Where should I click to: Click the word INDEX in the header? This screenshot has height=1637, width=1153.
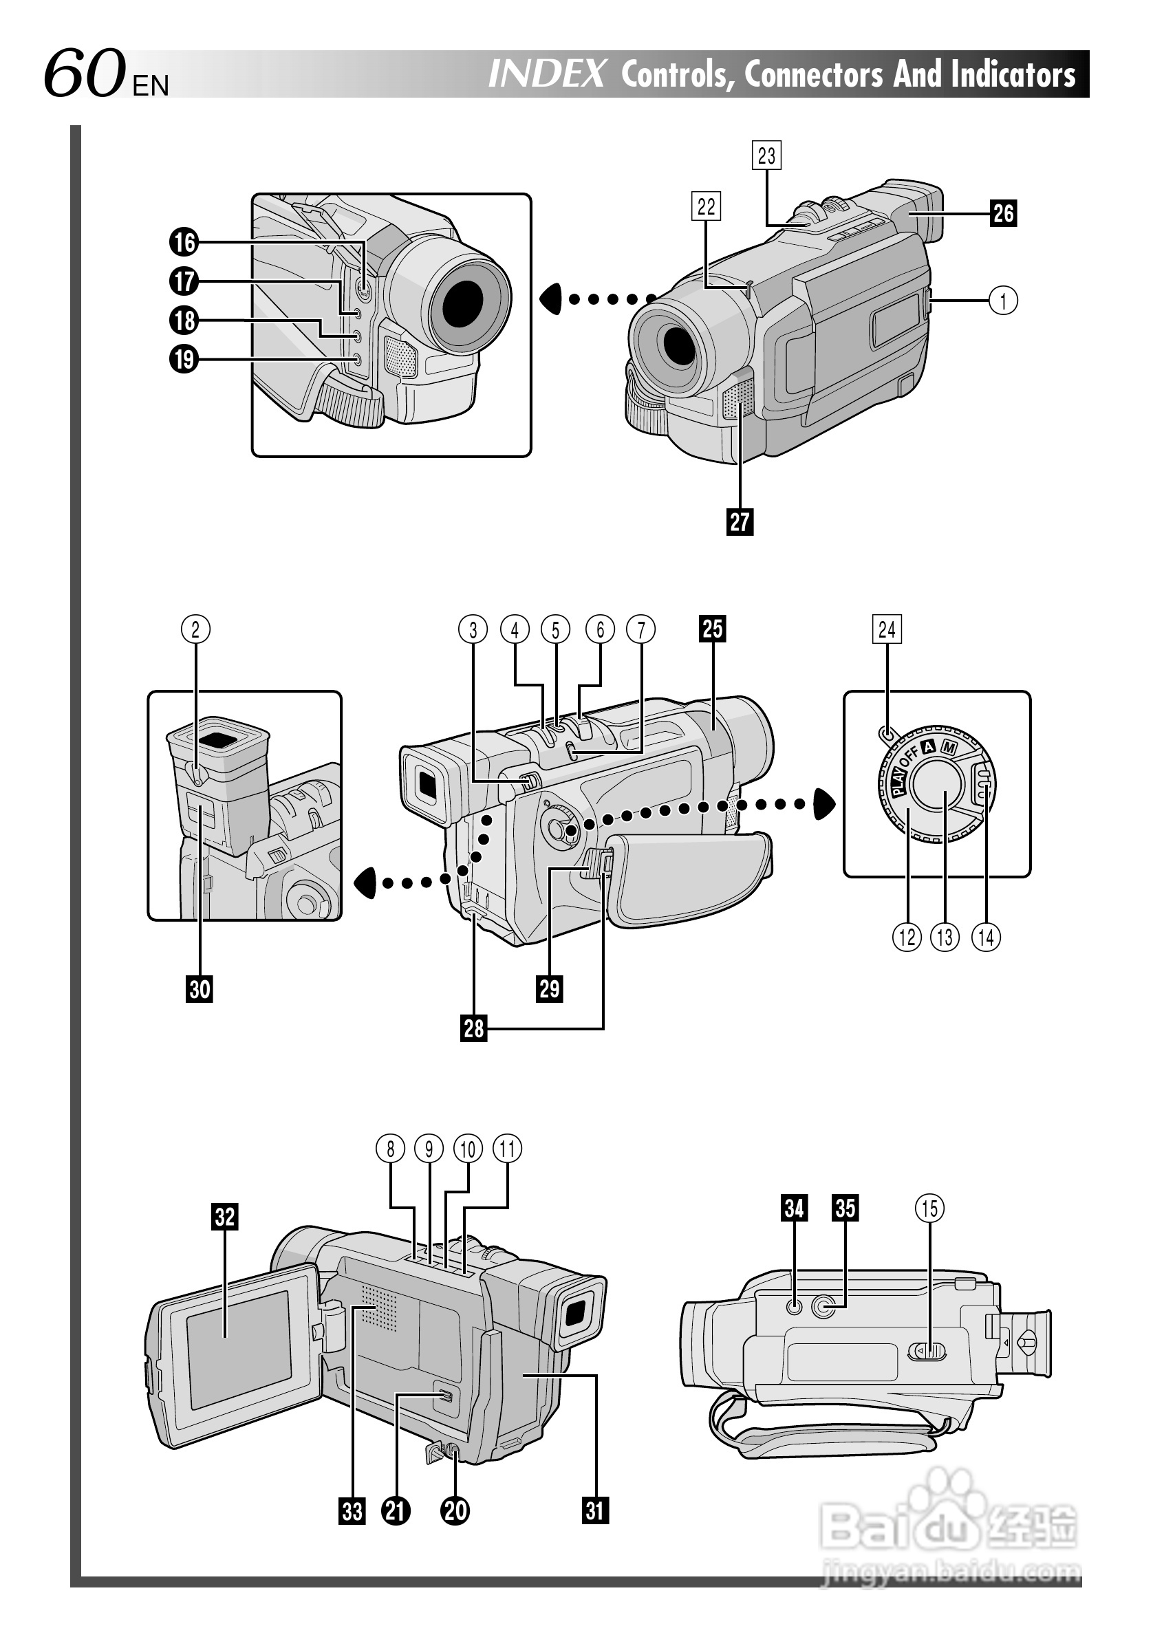[x=547, y=74]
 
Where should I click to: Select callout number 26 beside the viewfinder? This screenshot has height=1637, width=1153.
[x=1003, y=213]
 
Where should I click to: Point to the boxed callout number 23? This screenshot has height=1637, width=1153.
[x=766, y=155]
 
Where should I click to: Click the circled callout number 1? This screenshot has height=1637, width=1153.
[x=1003, y=301]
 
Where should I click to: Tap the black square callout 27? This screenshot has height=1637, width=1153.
[x=740, y=521]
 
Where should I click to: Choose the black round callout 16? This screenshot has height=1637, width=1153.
[x=184, y=242]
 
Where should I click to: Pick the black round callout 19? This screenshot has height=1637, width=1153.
[x=184, y=358]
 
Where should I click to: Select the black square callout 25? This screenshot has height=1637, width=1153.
[x=712, y=629]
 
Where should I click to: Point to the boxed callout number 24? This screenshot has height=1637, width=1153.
[x=887, y=629]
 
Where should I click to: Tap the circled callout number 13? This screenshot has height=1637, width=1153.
[x=945, y=937]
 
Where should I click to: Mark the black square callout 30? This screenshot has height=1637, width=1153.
[x=200, y=989]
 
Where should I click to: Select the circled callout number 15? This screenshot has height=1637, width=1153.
[x=930, y=1208]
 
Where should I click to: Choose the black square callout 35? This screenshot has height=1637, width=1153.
[x=845, y=1208]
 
